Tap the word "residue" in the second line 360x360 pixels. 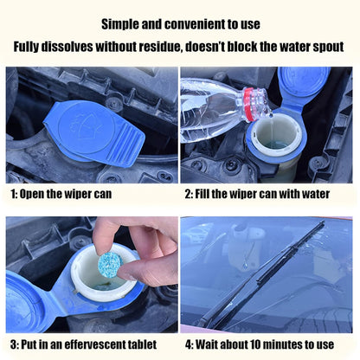(x=160, y=47)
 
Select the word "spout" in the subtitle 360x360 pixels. (x=328, y=48)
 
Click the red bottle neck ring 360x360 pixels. (x=249, y=105)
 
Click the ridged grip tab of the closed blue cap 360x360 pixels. (x=125, y=145)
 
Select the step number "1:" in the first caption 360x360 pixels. (x=14, y=194)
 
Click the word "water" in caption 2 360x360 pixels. (x=316, y=194)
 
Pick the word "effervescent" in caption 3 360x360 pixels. (x=96, y=344)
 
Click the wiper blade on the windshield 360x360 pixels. (x=261, y=274)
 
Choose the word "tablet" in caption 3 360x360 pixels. (x=144, y=344)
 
